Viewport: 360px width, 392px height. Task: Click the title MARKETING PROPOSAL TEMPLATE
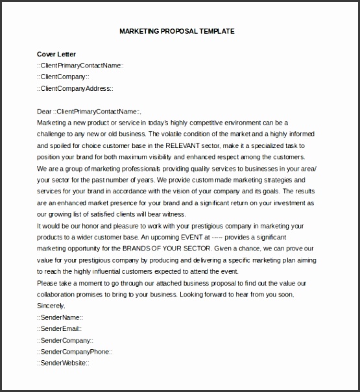[x=177, y=31]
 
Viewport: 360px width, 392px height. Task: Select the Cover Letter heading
[x=56, y=54]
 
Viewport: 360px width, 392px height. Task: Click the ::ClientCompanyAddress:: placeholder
[x=75, y=88]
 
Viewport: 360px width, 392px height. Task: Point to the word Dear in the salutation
[x=44, y=111]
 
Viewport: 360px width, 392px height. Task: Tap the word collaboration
[x=59, y=294]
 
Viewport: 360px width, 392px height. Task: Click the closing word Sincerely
[x=51, y=306]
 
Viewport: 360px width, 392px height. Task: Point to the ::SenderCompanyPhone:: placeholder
[x=75, y=351]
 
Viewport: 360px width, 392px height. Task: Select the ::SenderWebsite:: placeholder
[x=63, y=363]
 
